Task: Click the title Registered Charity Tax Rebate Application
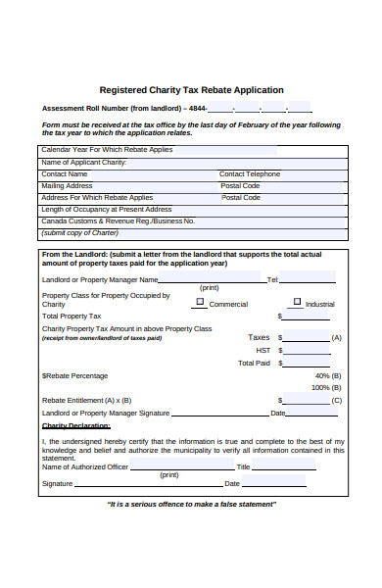[191, 89]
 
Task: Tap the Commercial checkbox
[200, 303]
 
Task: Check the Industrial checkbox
[298, 303]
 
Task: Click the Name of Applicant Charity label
[83, 162]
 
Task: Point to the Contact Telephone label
[252, 173]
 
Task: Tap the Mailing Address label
[67, 185]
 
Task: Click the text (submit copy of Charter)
[79, 232]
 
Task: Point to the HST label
[263, 350]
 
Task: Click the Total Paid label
[254, 363]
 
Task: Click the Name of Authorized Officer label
[84, 466]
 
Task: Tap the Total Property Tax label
[72, 317]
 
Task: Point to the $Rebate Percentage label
[74, 375]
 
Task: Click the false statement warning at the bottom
[191, 504]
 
